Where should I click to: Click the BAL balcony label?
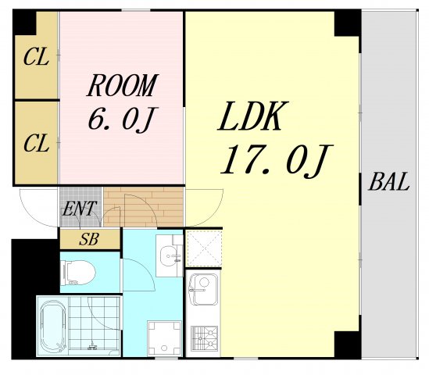[388, 184]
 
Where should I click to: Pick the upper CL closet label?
[36, 57]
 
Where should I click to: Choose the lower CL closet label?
[36, 144]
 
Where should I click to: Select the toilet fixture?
[78, 273]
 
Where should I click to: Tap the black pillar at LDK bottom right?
[347, 343]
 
